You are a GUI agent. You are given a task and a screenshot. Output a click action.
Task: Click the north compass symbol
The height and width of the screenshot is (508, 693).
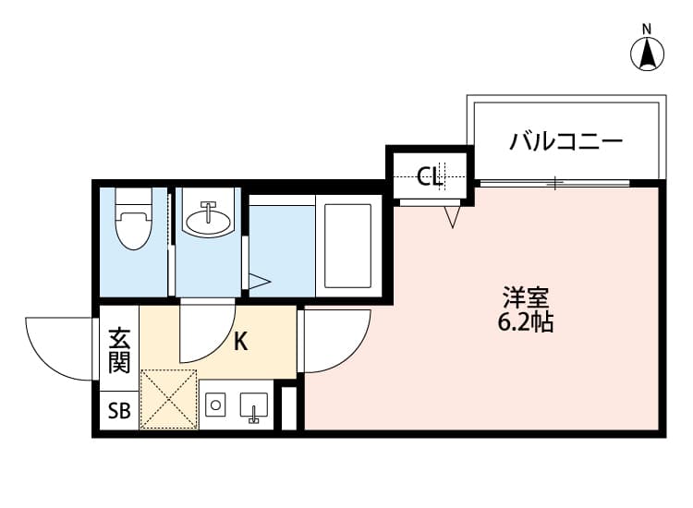coord(648,53)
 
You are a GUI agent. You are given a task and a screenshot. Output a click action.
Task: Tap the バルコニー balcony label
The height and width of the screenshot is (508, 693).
coord(566,142)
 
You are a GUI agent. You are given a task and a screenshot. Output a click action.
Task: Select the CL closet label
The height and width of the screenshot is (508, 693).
coord(430,175)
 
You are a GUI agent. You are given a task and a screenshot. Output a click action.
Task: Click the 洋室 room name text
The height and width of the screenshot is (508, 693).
coord(528,298)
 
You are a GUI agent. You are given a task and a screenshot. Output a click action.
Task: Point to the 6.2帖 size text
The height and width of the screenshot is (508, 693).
coord(528,323)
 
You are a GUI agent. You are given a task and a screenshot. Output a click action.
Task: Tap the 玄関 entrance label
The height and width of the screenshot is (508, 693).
coord(118,350)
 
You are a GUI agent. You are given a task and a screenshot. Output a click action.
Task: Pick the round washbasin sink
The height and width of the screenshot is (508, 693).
coord(208,220)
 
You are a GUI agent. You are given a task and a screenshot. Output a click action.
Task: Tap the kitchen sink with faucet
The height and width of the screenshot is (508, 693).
coord(253,406)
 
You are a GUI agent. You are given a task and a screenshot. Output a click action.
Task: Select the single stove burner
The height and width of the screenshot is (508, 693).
coord(216,405)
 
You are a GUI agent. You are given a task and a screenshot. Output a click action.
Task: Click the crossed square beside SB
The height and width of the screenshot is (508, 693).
coord(168,399)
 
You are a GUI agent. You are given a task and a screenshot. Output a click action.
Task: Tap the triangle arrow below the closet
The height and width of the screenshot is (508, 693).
coord(452,218)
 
